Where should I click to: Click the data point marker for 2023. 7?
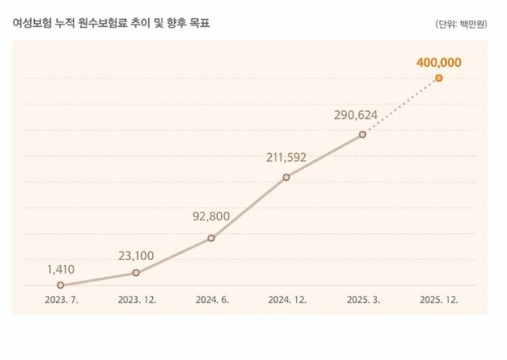tap(60, 285)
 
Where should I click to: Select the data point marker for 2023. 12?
tap(135, 273)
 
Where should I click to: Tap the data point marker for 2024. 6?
tap(211, 238)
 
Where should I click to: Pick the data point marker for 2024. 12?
tap(286, 177)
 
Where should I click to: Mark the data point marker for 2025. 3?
tap(362, 135)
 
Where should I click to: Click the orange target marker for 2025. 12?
tap(438, 78)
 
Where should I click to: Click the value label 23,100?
tap(135, 255)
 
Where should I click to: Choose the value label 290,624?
tap(356, 115)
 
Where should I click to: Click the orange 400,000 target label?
tap(438, 60)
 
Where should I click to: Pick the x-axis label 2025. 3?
tap(362, 301)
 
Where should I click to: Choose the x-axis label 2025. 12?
tap(438, 301)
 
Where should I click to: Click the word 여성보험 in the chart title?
tap(32, 24)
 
